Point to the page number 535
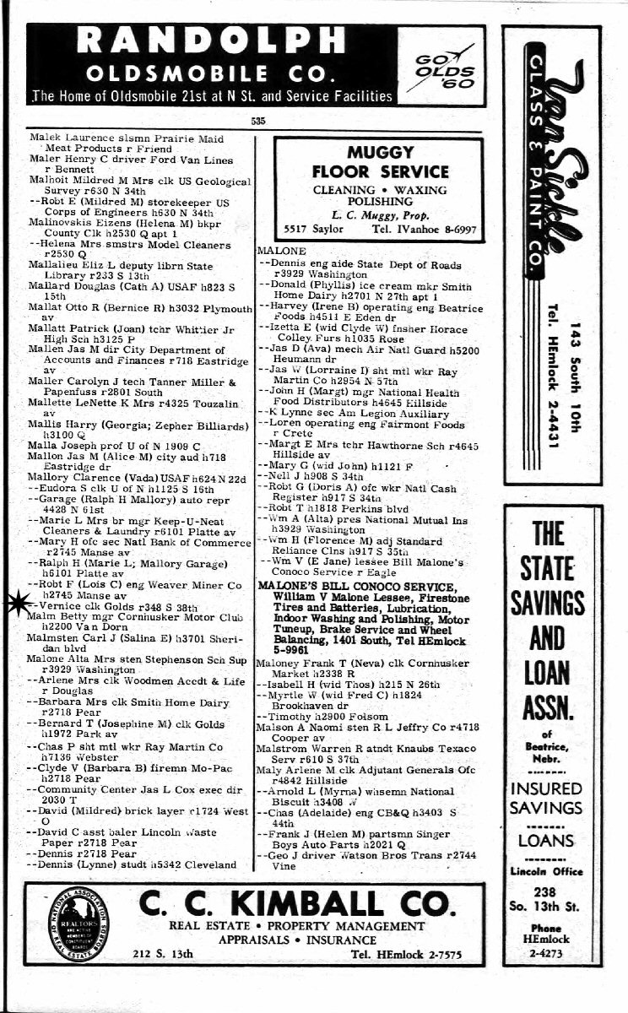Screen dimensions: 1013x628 (258, 121)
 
